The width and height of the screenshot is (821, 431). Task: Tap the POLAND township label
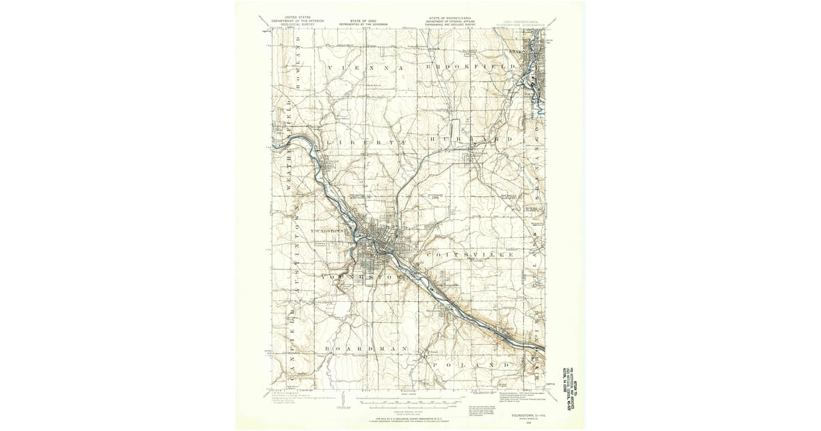pos(471,365)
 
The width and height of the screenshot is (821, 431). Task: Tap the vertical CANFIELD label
pos(290,349)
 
